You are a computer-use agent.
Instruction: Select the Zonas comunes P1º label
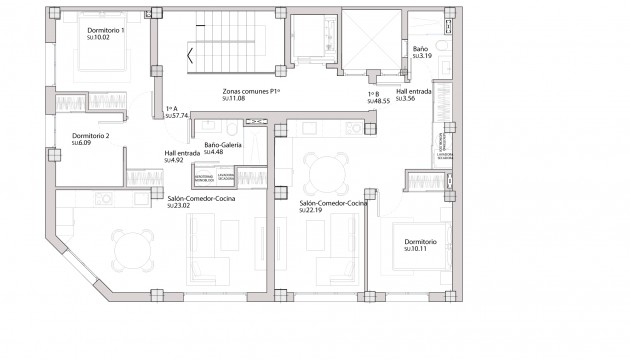[x=251, y=91]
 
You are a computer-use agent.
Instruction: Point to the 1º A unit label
[x=171, y=109]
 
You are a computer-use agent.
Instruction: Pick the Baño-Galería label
[x=224, y=145]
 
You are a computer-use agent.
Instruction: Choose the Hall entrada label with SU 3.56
[x=414, y=92]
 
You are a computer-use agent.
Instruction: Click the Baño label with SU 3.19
[x=421, y=48]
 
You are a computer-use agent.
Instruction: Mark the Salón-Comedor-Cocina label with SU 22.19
[x=333, y=203]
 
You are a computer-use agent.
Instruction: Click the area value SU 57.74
[x=176, y=116]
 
